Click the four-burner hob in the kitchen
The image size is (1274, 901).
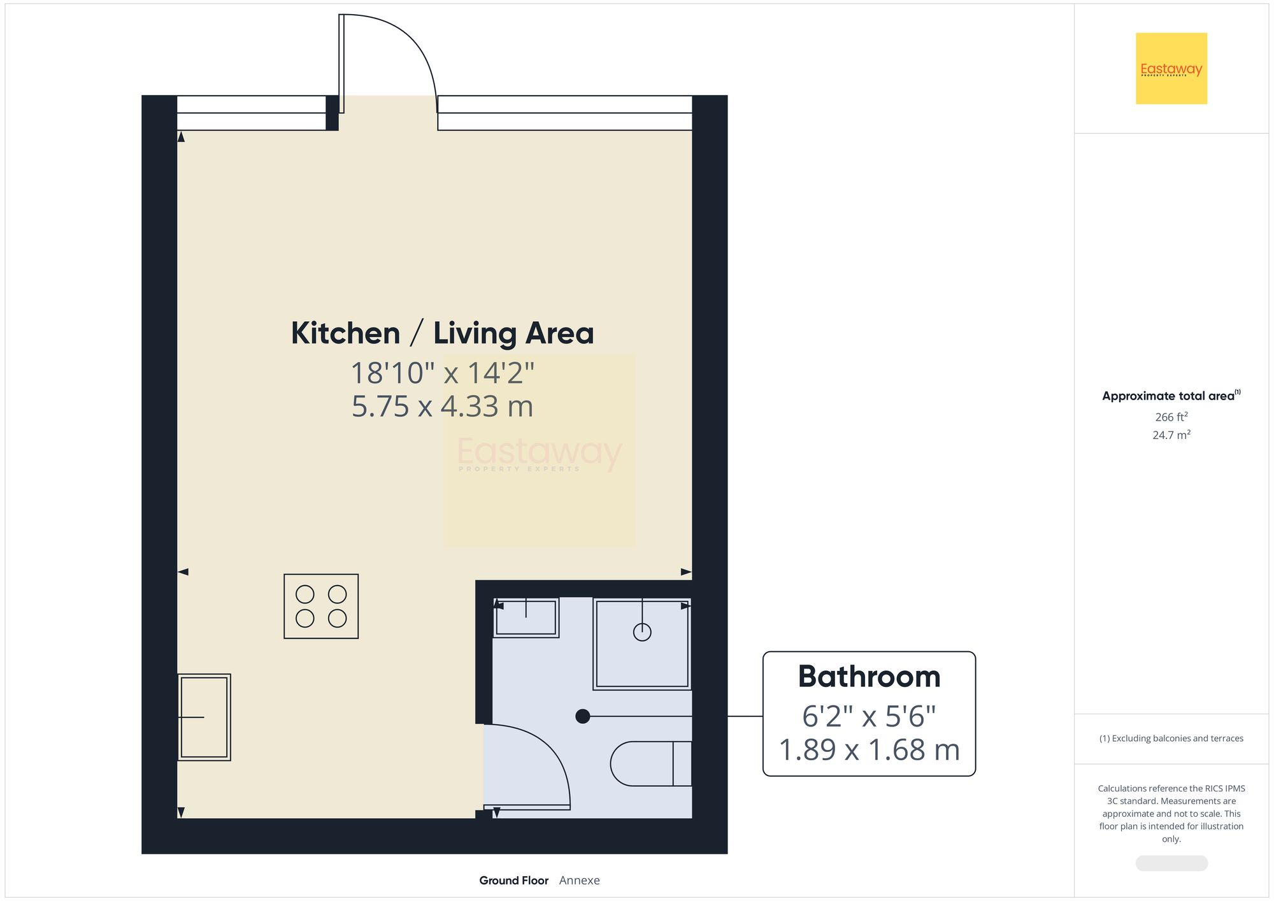point(321,606)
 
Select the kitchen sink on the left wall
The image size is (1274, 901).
point(204,717)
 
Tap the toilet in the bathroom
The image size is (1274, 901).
point(650,763)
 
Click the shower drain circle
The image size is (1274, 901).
point(642,632)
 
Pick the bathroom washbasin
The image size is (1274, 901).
point(526,617)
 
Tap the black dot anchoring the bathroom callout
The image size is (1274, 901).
point(582,716)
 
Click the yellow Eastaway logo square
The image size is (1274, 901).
point(1171,68)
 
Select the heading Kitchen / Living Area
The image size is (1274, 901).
point(442,333)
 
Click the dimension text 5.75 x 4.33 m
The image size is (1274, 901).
point(442,407)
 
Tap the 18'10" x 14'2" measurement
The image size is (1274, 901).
point(442,373)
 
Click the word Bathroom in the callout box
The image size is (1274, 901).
point(869,677)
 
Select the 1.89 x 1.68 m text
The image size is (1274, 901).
point(869,750)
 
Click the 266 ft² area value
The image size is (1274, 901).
point(1171,417)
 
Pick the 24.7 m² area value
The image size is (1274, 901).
point(1171,435)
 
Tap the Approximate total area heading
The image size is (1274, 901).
point(1171,396)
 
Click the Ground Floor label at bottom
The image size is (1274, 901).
point(513,880)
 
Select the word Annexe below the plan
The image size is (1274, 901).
point(579,880)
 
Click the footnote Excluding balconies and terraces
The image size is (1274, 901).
point(1171,739)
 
